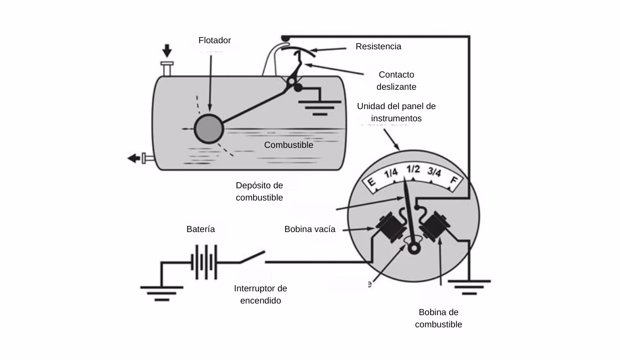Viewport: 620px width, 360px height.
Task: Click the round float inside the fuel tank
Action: pyautogui.click(x=209, y=128)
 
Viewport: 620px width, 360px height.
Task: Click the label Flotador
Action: pyautogui.click(x=214, y=40)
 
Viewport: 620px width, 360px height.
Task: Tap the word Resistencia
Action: pyautogui.click(x=378, y=47)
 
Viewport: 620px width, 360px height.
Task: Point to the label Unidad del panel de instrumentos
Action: pyautogui.click(x=396, y=112)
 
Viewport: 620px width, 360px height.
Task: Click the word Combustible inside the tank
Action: pyautogui.click(x=288, y=145)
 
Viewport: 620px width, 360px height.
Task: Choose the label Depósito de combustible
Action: pyautogui.click(x=259, y=191)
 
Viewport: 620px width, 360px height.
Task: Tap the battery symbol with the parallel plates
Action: pyautogui.click(x=203, y=262)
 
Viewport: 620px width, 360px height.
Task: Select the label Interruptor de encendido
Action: pyautogui.click(x=260, y=295)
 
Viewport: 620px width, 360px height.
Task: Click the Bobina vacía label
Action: pyautogui.click(x=309, y=229)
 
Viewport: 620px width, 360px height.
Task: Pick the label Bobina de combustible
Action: pyautogui.click(x=438, y=318)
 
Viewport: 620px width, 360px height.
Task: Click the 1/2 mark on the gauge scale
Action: pyautogui.click(x=412, y=169)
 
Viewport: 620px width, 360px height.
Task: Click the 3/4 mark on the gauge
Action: pyautogui.click(x=434, y=173)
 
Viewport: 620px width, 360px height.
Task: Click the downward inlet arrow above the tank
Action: pyautogui.click(x=166, y=50)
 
